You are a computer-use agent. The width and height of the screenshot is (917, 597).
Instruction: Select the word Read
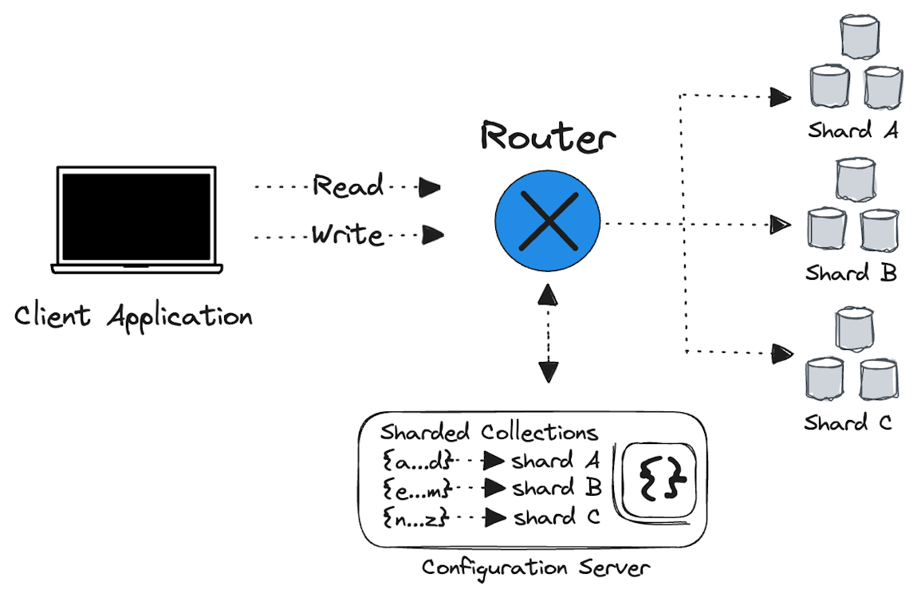[x=348, y=187]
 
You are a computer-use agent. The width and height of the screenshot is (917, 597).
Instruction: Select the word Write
[x=348, y=235]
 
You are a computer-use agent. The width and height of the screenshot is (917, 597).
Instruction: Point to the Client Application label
[x=133, y=317]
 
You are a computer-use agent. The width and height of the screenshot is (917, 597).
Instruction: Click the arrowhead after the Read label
[x=431, y=187]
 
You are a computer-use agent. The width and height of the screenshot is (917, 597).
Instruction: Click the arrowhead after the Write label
[x=433, y=235]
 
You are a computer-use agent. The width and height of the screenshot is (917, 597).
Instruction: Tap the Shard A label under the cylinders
[x=852, y=131]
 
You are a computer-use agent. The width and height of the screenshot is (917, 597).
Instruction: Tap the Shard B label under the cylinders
[x=850, y=273]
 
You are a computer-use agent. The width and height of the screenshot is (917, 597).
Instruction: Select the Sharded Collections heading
[x=488, y=433]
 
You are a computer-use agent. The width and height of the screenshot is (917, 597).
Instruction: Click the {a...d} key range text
[x=417, y=461]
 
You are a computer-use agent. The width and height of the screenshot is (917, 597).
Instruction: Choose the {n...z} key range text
[x=416, y=518]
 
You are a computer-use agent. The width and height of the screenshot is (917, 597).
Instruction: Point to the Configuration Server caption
[x=536, y=568]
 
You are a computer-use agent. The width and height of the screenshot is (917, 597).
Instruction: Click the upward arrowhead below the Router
[x=548, y=295]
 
